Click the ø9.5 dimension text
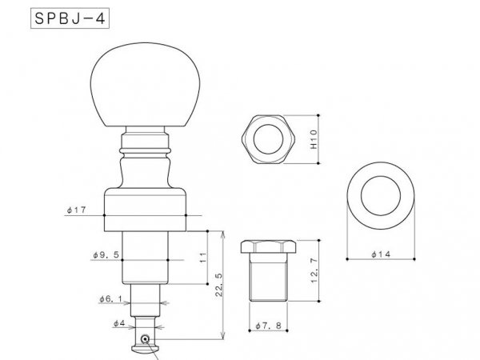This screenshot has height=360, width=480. click(x=106, y=255)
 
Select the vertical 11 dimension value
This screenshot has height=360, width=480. click(x=202, y=257)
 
